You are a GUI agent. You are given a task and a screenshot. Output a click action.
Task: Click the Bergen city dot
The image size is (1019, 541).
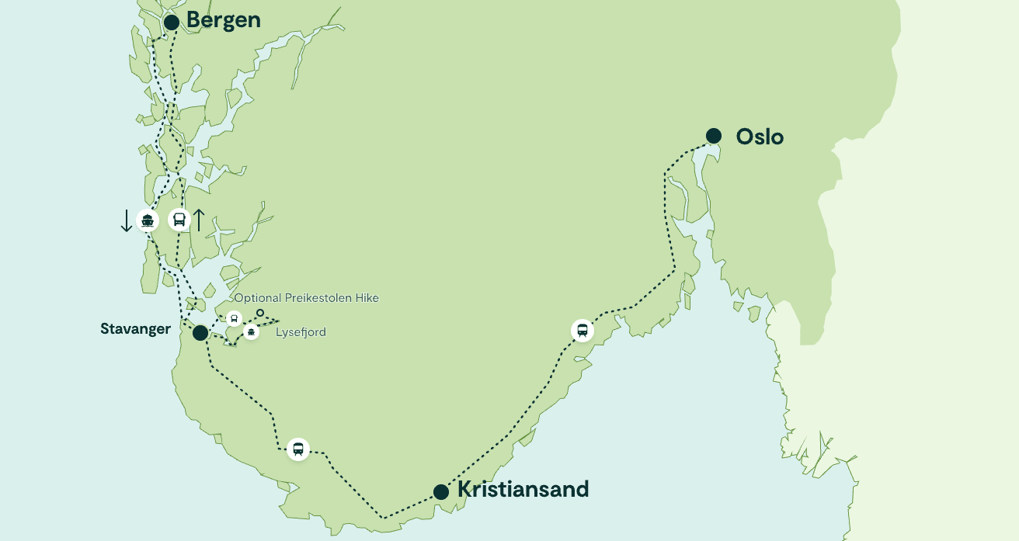tap(172, 22)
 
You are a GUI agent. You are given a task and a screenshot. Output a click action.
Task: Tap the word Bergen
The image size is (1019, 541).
tap(224, 21)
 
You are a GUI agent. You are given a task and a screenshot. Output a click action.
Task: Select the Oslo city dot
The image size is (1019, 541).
tap(714, 136)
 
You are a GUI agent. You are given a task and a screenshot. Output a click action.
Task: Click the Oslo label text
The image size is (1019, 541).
tap(760, 137)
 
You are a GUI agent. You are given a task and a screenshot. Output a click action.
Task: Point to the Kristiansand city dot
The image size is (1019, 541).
tap(441, 491)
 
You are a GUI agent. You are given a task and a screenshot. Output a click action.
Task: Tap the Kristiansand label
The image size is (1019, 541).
tap(523, 490)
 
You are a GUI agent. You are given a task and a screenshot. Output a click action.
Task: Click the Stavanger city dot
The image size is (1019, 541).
tap(200, 333)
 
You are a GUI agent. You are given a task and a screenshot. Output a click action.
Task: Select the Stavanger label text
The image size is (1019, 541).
tap(135, 329)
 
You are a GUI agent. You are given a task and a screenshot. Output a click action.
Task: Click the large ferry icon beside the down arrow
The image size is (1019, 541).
tap(148, 220)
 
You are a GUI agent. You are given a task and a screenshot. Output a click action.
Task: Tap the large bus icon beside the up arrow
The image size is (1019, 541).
tap(179, 220)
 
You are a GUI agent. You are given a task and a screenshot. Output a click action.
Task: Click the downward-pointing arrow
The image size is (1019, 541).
tap(127, 220)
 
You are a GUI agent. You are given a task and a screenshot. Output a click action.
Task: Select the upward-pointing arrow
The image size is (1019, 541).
tap(199, 220)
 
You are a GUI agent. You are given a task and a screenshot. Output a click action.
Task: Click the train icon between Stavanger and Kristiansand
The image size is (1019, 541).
tap(298, 449)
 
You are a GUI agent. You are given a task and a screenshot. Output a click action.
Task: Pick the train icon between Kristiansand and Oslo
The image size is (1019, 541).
tap(582, 331)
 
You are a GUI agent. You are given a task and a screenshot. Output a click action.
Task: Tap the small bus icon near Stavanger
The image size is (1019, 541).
tap(234, 318)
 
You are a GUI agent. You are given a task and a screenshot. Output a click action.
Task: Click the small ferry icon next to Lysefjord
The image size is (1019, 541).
tap(251, 332)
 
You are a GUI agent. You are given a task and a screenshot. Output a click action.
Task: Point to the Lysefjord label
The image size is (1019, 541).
tap(301, 332)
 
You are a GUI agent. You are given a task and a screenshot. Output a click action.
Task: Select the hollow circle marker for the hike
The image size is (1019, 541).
tap(260, 313)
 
